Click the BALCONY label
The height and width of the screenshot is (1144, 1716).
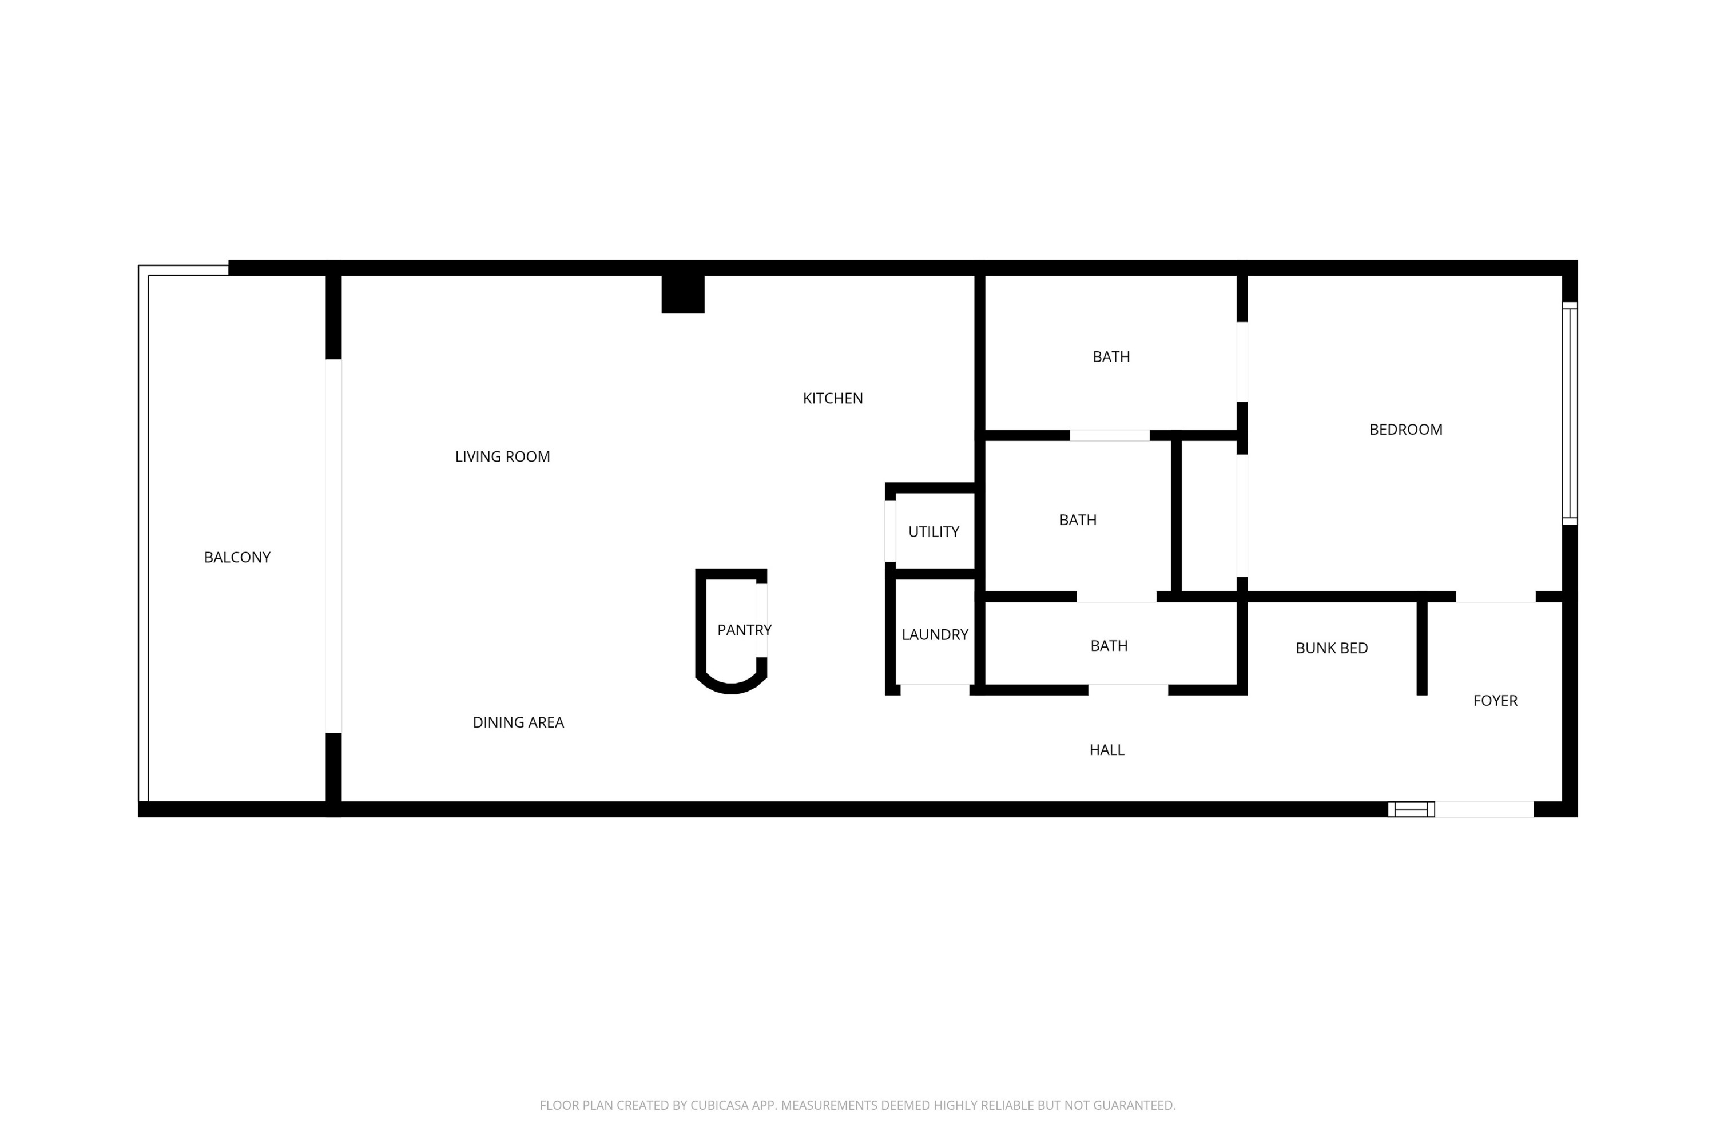[237, 557]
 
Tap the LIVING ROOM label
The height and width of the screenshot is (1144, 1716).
[502, 456]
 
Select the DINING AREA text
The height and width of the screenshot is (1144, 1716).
[518, 722]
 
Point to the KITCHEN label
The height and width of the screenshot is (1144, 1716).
[832, 398]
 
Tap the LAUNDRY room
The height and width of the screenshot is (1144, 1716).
[935, 635]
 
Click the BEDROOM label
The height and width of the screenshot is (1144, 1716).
[1405, 430]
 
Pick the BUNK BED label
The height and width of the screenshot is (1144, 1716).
[1331, 648]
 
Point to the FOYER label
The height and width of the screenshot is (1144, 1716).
[1495, 700]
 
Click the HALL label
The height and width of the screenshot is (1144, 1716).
[1106, 750]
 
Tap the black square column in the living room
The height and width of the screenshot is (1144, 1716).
[683, 294]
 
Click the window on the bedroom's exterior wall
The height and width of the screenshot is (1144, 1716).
[1570, 413]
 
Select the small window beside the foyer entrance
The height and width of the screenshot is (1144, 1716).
[1411, 809]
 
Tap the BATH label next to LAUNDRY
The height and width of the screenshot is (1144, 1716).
[1109, 646]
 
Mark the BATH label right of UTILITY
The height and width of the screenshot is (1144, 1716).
[1078, 520]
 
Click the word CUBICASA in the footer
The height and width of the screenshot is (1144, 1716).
[720, 1105]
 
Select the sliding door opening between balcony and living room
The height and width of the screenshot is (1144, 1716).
[333, 546]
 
